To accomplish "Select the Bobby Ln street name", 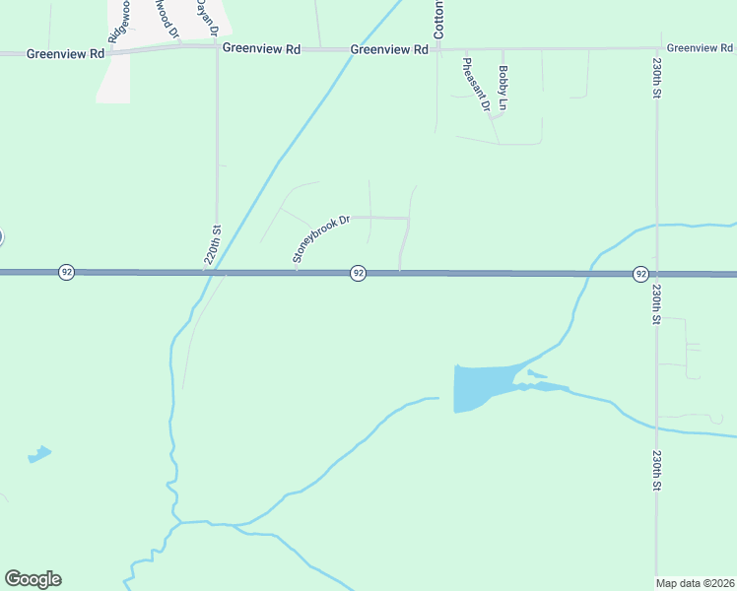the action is pyautogui.click(x=502, y=87).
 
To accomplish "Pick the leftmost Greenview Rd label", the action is pyautogui.click(x=66, y=54).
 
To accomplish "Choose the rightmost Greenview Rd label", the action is pyautogui.click(x=701, y=47).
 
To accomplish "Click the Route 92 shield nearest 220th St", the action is pyautogui.click(x=66, y=272).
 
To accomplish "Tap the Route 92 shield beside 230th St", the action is pyautogui.click(x=640, y=273).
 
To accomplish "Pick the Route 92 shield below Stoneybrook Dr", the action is pyautogui.click(x=359, y=273).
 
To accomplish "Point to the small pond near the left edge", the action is pyautogui.click(x=39, y=454).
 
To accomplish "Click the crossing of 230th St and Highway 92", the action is pyautogui.click(x=657, y=274).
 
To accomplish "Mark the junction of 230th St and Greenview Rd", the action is pyautogui.click(x=657, y=47).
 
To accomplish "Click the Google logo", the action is pyautogui.click(x=33, y=579).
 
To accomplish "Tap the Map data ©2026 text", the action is pyautogui.click(x=696, y=583).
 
